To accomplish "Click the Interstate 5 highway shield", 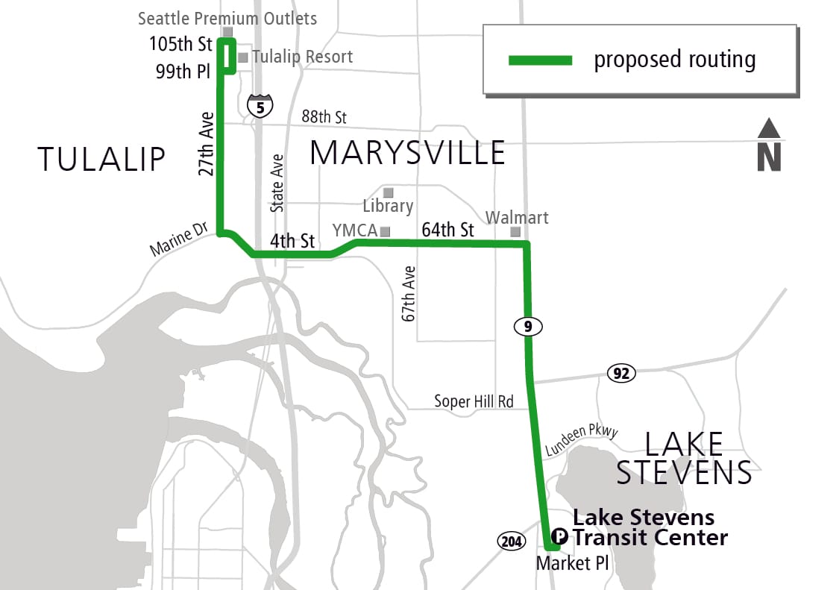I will pos(260,107).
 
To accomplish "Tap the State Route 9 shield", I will pos(528,326).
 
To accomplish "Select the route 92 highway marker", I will pos(621,373).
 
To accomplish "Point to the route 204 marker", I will pos(511,541).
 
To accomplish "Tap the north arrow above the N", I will pos(769,129).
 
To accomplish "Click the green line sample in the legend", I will pos(540,60).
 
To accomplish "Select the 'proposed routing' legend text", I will pos(674,60).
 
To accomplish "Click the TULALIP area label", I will pos(101,159).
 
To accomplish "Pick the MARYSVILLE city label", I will pos(407,152).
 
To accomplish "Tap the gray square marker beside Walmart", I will pos(515,232).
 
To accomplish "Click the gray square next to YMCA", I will pos(386,230).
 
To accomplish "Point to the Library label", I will pos(388,205).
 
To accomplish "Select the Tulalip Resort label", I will pos(302,57).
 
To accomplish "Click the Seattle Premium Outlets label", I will pos(227,19).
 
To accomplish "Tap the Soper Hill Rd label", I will pos(474,401).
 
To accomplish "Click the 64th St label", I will pos(447,230).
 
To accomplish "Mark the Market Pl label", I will pos(572,563).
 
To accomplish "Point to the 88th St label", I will pos(324,117).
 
